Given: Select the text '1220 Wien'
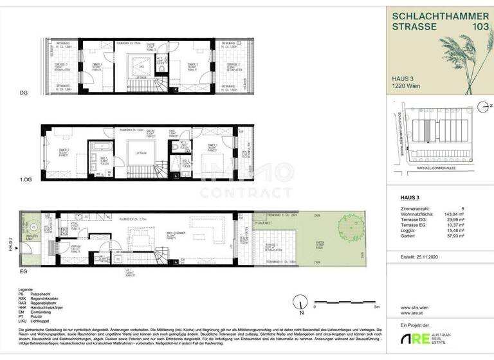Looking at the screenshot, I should pyautogui.click(x=407, y=89).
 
